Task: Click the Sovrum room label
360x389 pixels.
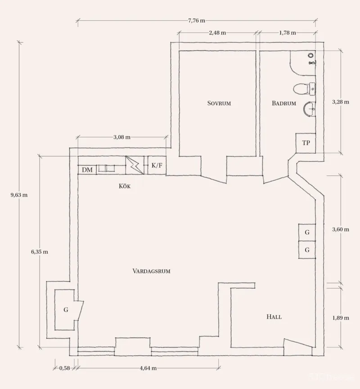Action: pos(219,103)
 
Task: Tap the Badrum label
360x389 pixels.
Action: pos(284,103)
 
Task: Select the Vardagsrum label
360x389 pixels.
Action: pos(152,271)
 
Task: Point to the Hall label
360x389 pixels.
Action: pos(274,317)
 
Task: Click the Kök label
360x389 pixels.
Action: pos(124,186)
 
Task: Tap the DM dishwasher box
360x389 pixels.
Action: pos(87,170)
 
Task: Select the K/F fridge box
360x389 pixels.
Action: pos(157,165)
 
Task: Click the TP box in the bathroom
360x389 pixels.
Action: pos(306,143)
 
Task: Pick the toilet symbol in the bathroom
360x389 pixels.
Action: pos(304,89)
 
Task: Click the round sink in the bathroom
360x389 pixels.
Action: pos(309,109)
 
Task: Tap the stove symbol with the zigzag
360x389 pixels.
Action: pos(135,165)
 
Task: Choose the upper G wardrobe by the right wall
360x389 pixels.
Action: pos(307,233)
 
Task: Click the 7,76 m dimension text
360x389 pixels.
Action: pos(197,21)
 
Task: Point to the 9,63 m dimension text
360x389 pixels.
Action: pos(19,195)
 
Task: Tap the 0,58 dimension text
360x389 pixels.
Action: pos(64,368)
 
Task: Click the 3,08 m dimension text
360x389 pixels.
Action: pos(122,137)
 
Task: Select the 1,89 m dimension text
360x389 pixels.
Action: pos(341,318)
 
